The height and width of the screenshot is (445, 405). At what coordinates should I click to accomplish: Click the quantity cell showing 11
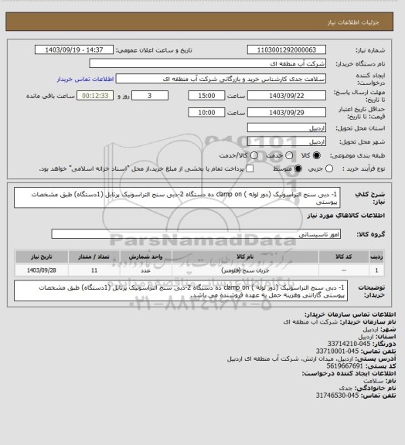pos(94,270)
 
